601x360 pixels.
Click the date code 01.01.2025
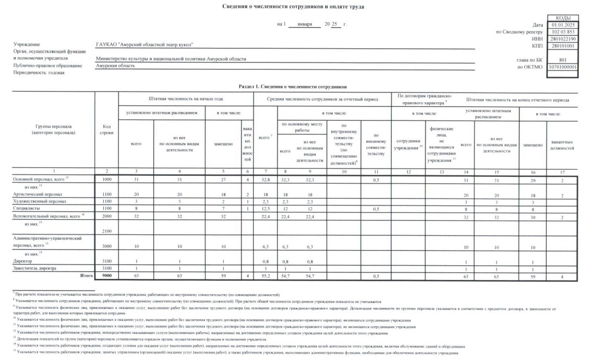pos(562,25)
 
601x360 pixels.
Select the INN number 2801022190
pos(562,39)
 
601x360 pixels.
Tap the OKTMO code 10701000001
pos(562,67)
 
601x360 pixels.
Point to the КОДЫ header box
pos(562,18)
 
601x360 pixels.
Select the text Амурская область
pos(115,65)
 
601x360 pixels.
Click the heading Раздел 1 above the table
pos(292,87)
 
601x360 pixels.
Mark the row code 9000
pos(107,276)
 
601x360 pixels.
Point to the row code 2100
pos(107,231)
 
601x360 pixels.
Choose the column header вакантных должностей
pos(562,145)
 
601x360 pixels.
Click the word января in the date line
pos(304,25)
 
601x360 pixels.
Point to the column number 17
pos(562,172)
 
